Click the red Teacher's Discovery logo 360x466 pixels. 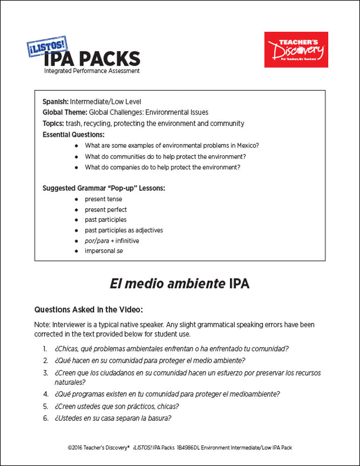pyautogui.click(x=296, y=49)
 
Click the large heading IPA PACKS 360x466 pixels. pyautogui.click(x=92, y=59)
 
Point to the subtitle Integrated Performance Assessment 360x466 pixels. pyautogui.click(x=92, y=71)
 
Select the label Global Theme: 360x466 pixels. pyautogui.click(x=65, y=112)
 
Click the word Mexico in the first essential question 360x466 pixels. pyautogui.click(x=248, y=145)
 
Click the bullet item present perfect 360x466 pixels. pyautogui.click(x=106, y=210)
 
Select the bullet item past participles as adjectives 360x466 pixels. pyautogui.click(x=124, y=230)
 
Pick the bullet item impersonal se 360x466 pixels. pyautogui.click(x=104, y=251)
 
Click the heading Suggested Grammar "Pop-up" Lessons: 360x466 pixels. pyautogui.click(x=104, y=188)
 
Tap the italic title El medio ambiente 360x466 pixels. pyautogui.click(x=168, y=284)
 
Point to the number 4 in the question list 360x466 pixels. pyautogui.click(x=46, y=394)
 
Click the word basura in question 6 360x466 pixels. pyautogui.click(x=160, y=418)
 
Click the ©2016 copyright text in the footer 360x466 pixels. pyautogui.click(x=98, y=447)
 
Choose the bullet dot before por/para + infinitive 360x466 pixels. pyautogui.click(x=76, y=241)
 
